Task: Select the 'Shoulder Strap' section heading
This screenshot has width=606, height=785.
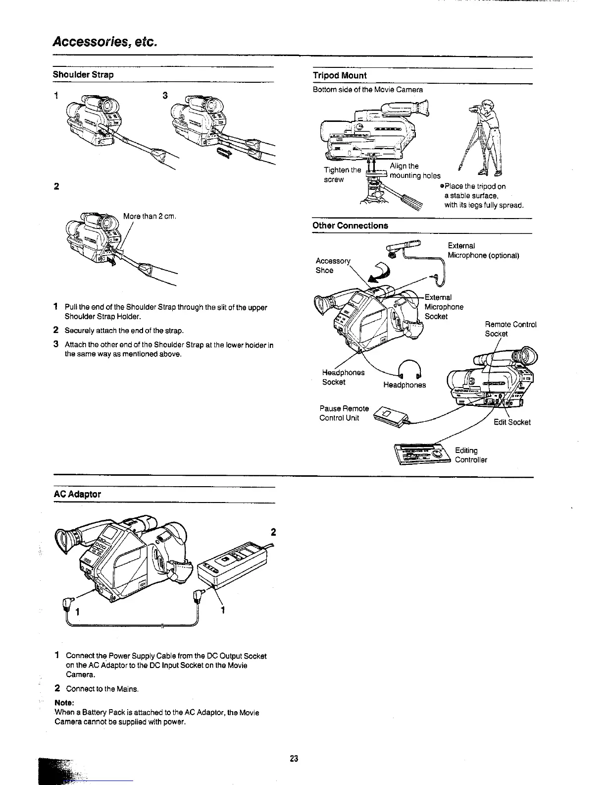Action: pyautogui.click(x=83, y=74)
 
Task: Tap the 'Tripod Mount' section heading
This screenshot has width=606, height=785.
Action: pyautogui.click(x=340, y=75)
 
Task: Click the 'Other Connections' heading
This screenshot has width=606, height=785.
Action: pyautogui.click(x=350, y=225)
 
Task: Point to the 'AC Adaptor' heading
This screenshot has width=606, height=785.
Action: pyautogui.click(x=77, y=494)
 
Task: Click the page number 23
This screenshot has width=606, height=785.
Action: pyautogui.click(x=294, y=758)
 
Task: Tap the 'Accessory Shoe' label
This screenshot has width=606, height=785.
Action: pyautogui.click(x=333, y=266)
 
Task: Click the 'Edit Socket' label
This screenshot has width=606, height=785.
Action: pyautogui.click(x=512, y=422)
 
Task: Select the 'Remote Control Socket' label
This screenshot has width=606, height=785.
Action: pyautogui.click(x=510, y=329)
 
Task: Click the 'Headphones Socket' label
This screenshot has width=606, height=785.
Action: pyautogui.click(x=343, y=377)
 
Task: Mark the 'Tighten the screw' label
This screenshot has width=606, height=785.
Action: pyautogui.click(x=342, y=174)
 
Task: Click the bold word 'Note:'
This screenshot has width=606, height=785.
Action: pyautogui.click(x=64, y=703)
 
